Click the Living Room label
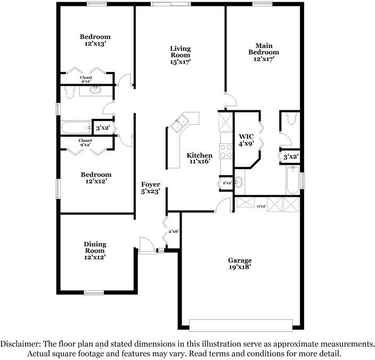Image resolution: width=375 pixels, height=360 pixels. click(x=180, y=55)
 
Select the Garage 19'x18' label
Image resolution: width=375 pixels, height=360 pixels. click(x=240, y=264)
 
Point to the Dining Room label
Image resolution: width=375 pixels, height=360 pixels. click(x=95, y=250)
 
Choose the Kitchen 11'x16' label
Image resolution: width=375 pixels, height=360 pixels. click(x=199, y=159)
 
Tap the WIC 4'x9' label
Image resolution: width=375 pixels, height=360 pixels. click(x=246, y=140)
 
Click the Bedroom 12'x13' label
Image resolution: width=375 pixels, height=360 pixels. click(x=95, y=41)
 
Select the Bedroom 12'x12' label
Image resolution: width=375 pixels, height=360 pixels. click(x=96, y=178)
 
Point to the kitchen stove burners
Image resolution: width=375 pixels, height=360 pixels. click(x=224, y=151)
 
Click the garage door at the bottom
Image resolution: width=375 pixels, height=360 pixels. click(x=241, y=325)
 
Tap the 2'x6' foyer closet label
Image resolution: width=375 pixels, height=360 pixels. click(x=174, y=231)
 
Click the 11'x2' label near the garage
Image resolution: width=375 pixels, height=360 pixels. click(x=261, y=206)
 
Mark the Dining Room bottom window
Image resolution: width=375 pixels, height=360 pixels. click(x=94, y=292)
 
